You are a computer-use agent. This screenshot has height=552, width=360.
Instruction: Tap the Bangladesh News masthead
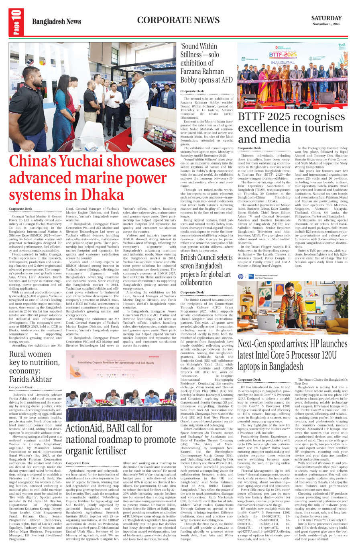56,22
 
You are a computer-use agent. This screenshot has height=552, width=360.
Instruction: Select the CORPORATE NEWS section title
178,20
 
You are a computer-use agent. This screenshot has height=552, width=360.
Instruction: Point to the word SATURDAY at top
326,18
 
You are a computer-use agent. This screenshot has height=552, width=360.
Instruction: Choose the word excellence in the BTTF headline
265,128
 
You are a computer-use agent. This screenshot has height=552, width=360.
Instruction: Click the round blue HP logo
240,276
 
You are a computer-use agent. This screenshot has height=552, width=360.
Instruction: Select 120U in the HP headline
324,355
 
